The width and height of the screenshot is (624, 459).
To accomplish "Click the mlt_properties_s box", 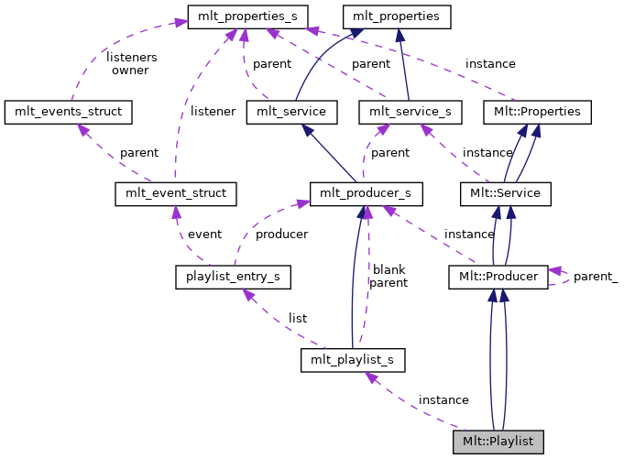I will click(247, 16).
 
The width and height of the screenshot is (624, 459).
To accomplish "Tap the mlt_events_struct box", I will click(69, 112).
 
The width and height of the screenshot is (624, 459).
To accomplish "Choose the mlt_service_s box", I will click(411, 112).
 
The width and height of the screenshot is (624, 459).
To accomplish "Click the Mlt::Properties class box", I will click(537, 112).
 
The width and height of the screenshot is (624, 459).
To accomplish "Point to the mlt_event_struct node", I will click(176, 194).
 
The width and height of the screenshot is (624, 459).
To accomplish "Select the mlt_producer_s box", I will click(367, 193).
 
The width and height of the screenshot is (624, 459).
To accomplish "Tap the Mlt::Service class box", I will click(506, 193).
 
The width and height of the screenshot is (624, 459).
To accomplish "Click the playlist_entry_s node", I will click(233, 276).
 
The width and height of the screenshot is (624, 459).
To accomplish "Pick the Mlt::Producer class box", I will click(498, 276).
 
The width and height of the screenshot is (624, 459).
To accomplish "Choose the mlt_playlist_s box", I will click(353, 359).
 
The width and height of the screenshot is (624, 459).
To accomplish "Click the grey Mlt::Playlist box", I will click(498, 442).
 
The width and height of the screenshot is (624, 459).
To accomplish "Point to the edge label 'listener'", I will click(213, 111).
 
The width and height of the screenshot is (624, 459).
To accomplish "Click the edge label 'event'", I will click(204, 234).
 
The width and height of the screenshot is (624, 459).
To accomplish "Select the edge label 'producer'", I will click(281, 234).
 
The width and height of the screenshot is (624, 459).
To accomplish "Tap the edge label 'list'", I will click(298, 318).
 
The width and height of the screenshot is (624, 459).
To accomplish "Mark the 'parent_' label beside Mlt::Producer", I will click(596, 276).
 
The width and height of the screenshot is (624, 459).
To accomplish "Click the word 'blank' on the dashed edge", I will click(389, 269).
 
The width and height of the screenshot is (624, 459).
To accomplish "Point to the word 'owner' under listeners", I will click(130, 71).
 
